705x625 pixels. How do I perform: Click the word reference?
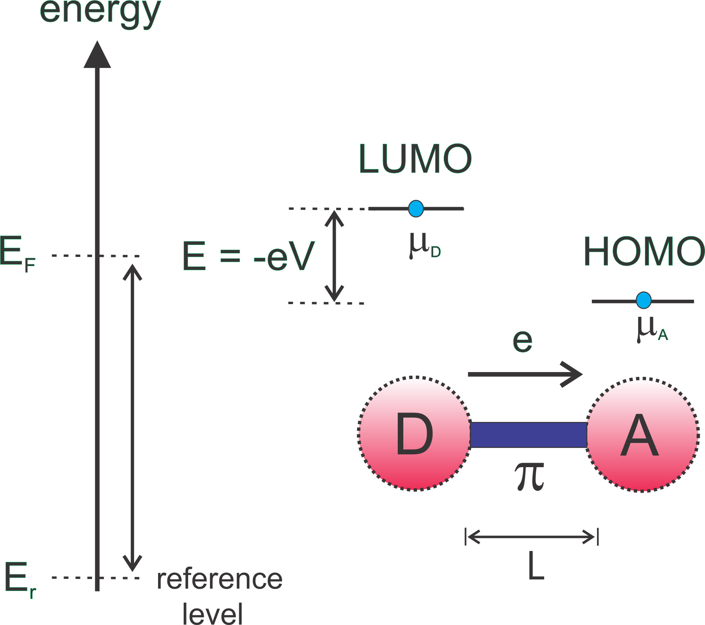coord(220,579)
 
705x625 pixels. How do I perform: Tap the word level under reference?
coord(212,613)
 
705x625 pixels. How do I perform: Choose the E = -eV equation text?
coord(248,256)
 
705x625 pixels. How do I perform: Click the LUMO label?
coord(415,159)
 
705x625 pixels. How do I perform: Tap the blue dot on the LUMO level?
coord(416,209)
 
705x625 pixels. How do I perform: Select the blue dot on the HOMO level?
coord(643,301)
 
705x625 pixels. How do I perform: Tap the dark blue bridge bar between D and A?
coord(528,434)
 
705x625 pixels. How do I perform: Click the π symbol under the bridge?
coord(529,476)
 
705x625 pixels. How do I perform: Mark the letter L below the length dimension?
coord(536,565)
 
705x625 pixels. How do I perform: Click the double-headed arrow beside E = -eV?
coord(334,256)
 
